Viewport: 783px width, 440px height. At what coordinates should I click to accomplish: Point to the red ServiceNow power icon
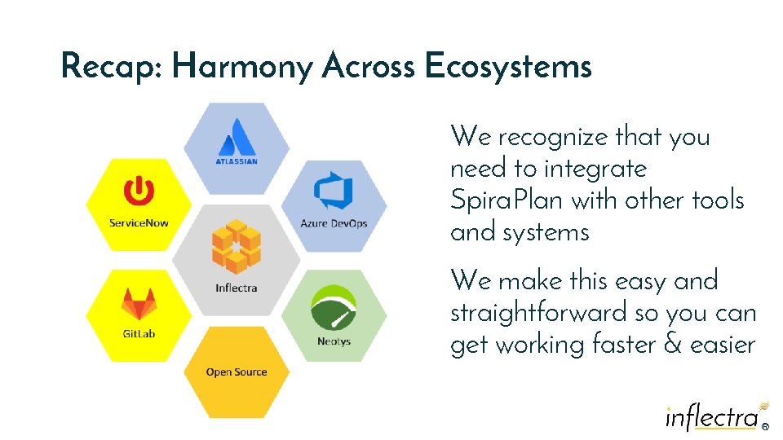(139, 192)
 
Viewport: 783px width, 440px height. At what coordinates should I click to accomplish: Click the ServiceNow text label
(139, 222)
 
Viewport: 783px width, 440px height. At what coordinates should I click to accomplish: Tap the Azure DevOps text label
(334, 223)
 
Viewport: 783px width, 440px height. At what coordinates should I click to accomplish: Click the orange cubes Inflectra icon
(236, 246)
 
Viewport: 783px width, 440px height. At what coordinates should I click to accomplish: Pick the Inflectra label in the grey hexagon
(236, 288)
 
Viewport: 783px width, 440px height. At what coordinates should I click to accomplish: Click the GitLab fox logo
(139, 304)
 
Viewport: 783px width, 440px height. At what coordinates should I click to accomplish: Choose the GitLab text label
(139, 334)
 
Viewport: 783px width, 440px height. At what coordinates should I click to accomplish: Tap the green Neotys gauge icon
(333, 309)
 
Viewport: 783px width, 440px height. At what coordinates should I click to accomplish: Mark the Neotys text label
(334, 341)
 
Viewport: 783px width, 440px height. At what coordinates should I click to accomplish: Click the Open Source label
(236, 372)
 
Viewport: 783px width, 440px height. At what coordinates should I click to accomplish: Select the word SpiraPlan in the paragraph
(506, 200)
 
